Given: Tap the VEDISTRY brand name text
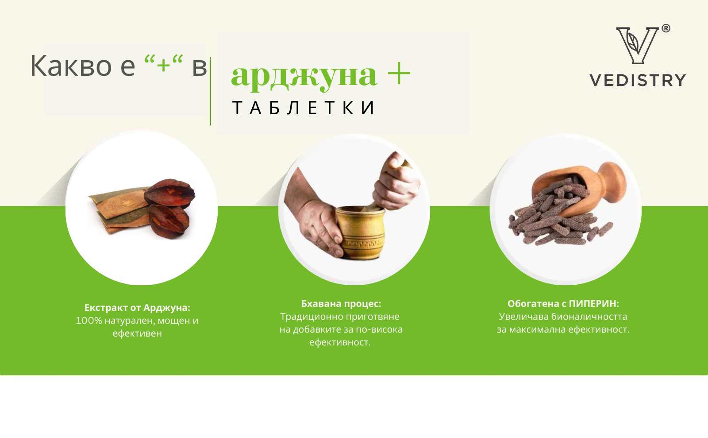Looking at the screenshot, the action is tap(638, 80).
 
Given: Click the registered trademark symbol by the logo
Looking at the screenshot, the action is tap(666, 28).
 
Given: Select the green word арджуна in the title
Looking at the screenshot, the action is tap(304, 75).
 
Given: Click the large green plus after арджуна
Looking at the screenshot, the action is tap(399, 74).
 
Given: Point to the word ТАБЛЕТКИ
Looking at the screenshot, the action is tap(304, 108).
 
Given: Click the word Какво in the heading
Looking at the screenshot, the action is tap(71, 66).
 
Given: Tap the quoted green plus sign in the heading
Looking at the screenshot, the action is tap(163, 64).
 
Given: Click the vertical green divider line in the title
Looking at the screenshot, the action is tap(211, 91).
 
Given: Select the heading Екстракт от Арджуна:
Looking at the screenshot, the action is tap(137, 307).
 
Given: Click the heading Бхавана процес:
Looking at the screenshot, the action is tap(341, 304).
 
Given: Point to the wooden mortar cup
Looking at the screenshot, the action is tap(360, 233).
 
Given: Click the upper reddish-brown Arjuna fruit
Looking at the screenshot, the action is tap(169, 193).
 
